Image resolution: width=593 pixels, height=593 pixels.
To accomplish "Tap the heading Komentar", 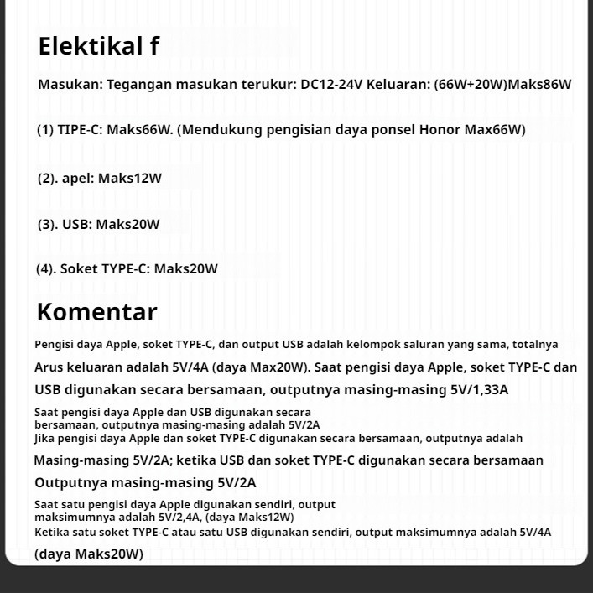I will coord(96,312).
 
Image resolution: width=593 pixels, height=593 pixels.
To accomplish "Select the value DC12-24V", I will coord(331,84).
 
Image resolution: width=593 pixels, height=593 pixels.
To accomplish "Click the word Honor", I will coord(440,129).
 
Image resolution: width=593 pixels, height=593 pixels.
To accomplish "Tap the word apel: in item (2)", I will coord(78,178).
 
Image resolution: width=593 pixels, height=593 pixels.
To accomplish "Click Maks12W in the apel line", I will coord(130,178).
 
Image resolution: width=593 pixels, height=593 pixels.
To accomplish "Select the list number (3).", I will coord(47,224).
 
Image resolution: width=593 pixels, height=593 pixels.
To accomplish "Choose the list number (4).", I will coord(47,268).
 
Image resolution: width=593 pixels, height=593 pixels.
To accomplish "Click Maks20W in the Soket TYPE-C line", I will coord(185,268).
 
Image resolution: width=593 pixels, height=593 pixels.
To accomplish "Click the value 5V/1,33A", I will coord(480,389).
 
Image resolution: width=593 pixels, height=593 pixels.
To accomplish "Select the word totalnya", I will coord(535,344).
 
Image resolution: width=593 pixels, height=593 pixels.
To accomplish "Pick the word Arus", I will coord(49,367).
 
